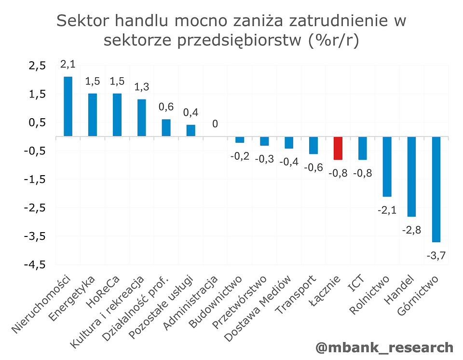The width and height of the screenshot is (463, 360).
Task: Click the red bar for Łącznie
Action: pyautogui.click(x=338, y=148)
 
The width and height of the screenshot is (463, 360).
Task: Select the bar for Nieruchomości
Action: pyautogui.click(x=68, y=107)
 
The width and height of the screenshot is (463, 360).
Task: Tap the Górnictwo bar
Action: pyautogui.click(x=436, y=189)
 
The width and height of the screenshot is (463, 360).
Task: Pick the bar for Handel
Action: pyautogui.click(x=411, y=177)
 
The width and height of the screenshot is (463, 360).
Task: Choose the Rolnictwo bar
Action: pyautogui.click(x=387, y=166)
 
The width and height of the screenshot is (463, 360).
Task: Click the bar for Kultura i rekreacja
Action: pyautogui.click(x=142, y=118)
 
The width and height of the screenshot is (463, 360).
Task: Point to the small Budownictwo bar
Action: pyautogui.click(x=240, y=140)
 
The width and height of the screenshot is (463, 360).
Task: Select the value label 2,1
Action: pyautogui.click(x=68, y=65)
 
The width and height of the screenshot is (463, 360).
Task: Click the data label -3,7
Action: pyautogui.click(x=436, y=255)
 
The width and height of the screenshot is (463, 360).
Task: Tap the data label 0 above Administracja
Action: pyautogui.click(x=215, y=124)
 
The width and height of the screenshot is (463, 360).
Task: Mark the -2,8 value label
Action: pyautogui.click(x=411, y=230)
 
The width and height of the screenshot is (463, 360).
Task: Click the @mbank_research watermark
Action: pyautogui.click(x=384, y=347)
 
